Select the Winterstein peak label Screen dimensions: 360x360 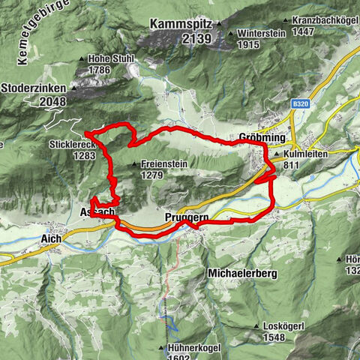click(x=260, y=34)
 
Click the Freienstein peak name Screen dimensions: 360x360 click(x=163, y=164)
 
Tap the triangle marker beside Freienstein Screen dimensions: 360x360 click(x=134, y=164)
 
